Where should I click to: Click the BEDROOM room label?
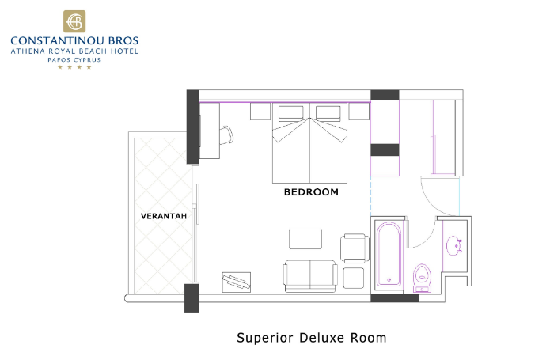(x=311, y=192)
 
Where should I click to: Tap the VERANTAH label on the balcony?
(x=164, y=216)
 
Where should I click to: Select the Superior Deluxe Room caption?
(x=312, y=338)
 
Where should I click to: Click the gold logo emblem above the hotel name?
(x=74, y=21)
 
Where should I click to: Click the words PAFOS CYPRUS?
(x=74, y=59)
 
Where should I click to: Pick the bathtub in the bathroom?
(x=389, y=254)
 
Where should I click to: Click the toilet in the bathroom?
(x=422, y=278)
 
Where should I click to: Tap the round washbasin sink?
(x=454, y=245)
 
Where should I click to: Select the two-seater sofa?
(x=310, y=276)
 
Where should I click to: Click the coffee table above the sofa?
(x=305, y=239)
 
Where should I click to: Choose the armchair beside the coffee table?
(x=355, y=248)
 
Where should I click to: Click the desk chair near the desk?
(x=226, y=135)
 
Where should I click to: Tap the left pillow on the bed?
(x=290, y=113)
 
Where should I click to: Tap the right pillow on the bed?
(x=328, y=113)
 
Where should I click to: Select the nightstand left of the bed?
(x=260, y=111)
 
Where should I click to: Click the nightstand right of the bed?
(x=358, y=111)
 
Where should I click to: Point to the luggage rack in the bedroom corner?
(x=237, y=282)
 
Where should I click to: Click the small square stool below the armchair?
(x=354, y=278)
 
